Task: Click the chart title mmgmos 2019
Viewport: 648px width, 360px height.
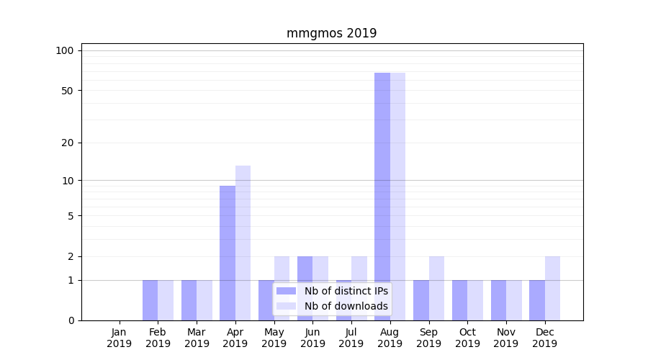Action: point(331,33)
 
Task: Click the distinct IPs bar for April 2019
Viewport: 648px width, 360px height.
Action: point(228,253)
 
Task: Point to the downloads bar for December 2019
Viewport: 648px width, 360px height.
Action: point(552,288)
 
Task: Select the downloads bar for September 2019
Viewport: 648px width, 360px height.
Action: point(436,288)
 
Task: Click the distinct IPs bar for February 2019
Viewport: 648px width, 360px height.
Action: point(150,300)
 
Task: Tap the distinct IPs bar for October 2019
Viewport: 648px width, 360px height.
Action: point(459,300)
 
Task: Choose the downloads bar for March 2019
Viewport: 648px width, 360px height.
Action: point(204,300)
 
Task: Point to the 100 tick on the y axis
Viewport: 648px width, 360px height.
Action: point(65,50)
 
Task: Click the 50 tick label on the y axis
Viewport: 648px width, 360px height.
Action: point(67,91)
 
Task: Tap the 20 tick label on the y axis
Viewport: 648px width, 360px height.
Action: point(67,143)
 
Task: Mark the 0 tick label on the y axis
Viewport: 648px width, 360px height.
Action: point(71,320)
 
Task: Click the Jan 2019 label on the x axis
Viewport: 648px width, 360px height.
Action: point(120,338)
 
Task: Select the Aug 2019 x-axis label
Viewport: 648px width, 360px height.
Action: point(390,338)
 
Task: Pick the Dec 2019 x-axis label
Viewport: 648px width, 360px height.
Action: point(544,338)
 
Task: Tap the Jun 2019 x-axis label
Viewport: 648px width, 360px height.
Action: point(312,338)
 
